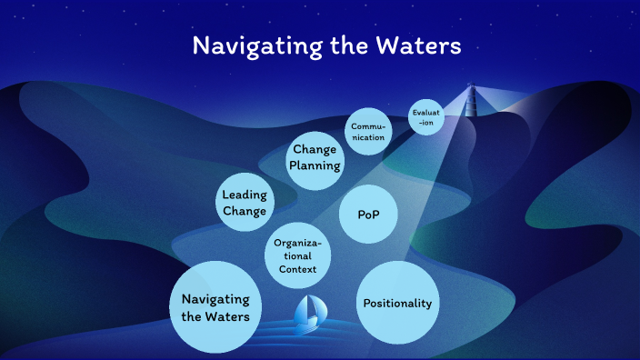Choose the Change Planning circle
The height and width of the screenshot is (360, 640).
[x=315, y=157]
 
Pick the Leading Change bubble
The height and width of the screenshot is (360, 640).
[x=244, y=204]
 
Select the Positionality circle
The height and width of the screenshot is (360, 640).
[x=396, y=304]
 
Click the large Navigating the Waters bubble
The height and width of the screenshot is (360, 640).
[x=216, y=308]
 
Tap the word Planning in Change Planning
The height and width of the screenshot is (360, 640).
[x=315, y=165]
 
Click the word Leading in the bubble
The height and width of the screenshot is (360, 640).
[x=244, y=195]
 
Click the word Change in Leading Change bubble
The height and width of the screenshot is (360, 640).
[x=244, y=212]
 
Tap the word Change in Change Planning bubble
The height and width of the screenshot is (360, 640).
[x=315, y=149]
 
